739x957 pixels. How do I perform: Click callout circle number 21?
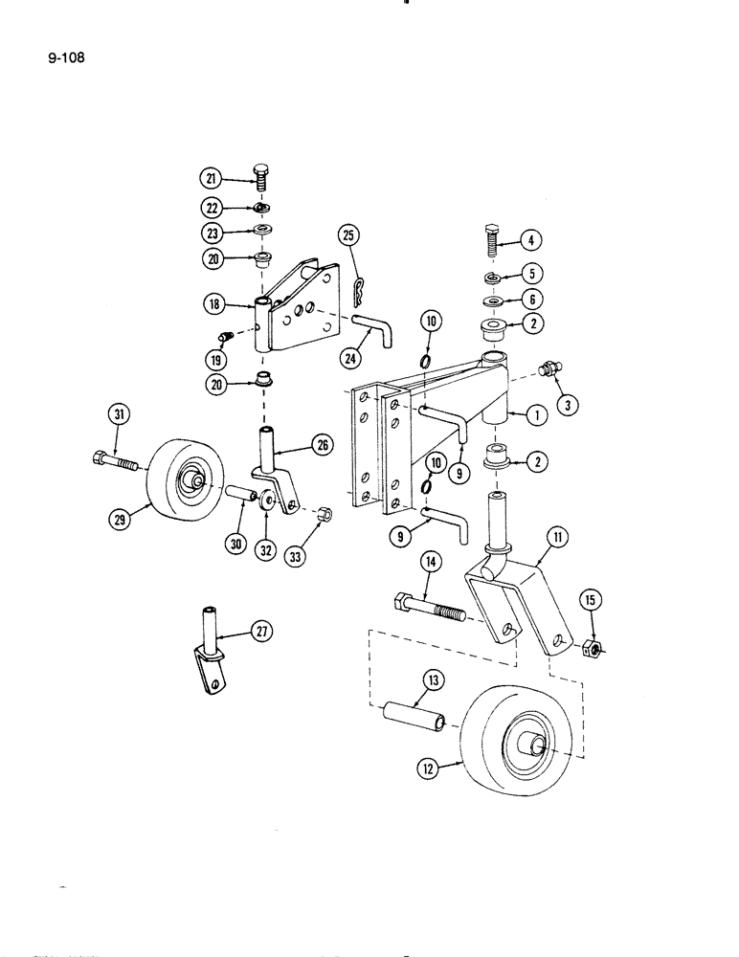coord(210,177)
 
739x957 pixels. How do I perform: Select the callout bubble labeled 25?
coord(348,235)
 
